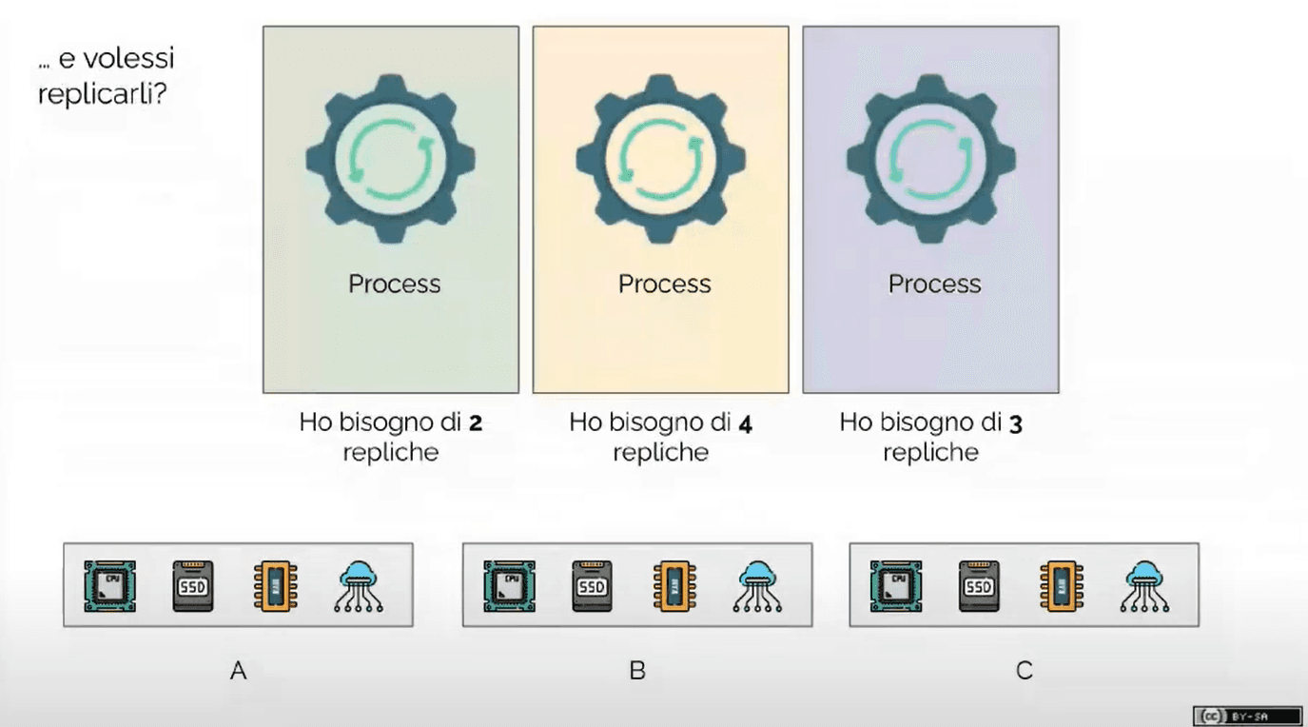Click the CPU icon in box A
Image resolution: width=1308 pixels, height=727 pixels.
point(109,585)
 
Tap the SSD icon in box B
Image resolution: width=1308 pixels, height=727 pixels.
point(592,585)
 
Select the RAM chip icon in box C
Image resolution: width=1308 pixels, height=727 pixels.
point(1062,585)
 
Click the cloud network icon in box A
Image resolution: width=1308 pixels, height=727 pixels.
point(359,585)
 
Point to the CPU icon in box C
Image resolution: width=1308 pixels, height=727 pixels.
point(896,585)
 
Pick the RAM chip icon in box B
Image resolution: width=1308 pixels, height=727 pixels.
point(674,585)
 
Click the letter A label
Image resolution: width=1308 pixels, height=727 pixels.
point(238,670)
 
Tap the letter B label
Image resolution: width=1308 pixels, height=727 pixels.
point(637,670)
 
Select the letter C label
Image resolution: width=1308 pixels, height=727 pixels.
point(1025,670)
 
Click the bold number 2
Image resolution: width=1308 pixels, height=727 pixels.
point(476,423)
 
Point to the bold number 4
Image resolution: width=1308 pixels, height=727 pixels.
point(745,423)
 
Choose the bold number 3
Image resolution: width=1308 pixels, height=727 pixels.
point(1015,423)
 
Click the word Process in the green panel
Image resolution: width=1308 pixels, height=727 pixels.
point(394,284)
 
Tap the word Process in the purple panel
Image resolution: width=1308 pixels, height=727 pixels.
point(934,284)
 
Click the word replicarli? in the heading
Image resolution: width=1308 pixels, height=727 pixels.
point(103,93)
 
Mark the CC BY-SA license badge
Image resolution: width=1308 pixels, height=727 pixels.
point(1247,716)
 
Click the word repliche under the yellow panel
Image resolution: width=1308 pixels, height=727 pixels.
point(660,453)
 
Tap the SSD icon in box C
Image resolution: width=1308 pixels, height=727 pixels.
point(979,585)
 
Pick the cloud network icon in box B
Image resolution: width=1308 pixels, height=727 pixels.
point(757,585)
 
